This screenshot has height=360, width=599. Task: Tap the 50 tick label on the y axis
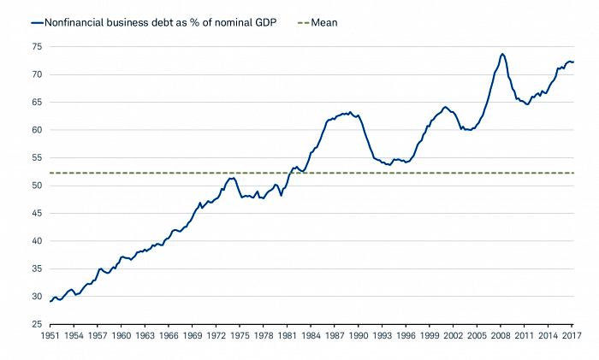coord(37,186)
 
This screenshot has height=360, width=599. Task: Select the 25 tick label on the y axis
coord(37,324)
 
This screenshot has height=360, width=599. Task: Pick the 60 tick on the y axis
coord(37,130)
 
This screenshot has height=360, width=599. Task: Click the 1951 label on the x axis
coord(50,337)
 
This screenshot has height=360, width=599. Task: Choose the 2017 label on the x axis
coord(572,337)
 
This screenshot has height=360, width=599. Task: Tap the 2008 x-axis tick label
coord(501,337)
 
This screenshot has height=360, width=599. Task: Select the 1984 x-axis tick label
coord(311,337)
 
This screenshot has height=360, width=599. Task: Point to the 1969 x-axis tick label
coord(193,337)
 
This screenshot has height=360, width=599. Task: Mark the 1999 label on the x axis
coord(430,337)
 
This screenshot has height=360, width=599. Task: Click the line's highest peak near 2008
coord(502,54)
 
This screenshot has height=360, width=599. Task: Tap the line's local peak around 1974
coord(232,178)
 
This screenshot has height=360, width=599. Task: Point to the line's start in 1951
coord(50,301)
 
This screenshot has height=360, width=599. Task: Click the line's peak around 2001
coord(445,107)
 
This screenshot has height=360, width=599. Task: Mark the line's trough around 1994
coord(389,164)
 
